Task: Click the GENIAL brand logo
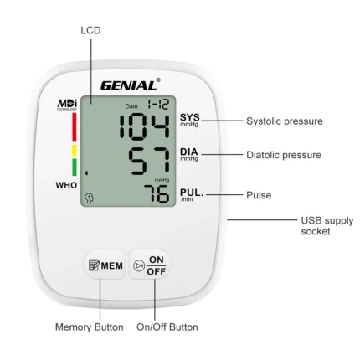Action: pyautogui.click(x=131, y=85)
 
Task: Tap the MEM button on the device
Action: pyautogui.click(x=105, y=265)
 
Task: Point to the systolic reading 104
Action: pyautogui.click(x=145, y=126)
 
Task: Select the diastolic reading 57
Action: pyautogui.click(x=149, y=162)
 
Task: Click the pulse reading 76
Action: pyautogui.click(x=157, y=193)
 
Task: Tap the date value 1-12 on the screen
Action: pyautogui.click(x=158, y=105)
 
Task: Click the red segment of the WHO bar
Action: pyautogui.click(x=75, y=127)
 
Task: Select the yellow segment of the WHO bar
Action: pyautogui.click(x=75, y=150)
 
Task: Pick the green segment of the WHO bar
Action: pyautogui.click(x=75, y=167)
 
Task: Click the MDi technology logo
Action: pyautogui.click(x=67, y=105)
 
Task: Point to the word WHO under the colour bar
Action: pyautogui.click(x=66, y=185)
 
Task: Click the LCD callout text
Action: pyautogui.click(x=90, y=30)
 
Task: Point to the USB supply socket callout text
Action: pyautogui.click(x=327, y=226)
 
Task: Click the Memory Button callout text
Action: pyautogui.click(x=90, y=327)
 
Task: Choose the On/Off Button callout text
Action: pyautogui.click(x=167, y=327)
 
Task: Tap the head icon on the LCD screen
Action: pyautogui.click(x=90, y=198)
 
